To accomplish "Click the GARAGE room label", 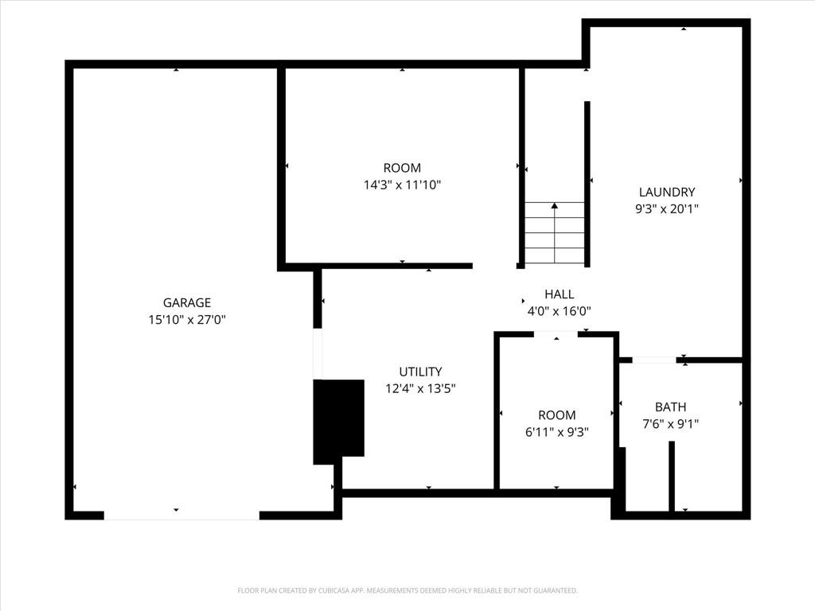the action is coord(187,302).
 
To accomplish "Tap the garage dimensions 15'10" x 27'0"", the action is coord(187,320).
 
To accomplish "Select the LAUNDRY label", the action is coord(667,193).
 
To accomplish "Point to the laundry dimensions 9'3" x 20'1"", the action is coord(667,209).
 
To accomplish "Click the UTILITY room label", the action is coord(420,372).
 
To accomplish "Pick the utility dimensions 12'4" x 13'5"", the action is coord(420,388).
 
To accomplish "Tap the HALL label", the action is coord(560,294).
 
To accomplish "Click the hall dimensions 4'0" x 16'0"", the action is coord(560,311).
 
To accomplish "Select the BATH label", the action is coord(670,407).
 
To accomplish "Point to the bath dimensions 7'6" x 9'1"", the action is coord(670,424).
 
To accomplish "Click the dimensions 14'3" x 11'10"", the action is coord(402,185).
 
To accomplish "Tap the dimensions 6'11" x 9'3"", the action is coord(556,432).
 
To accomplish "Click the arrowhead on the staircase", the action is coord(555,206).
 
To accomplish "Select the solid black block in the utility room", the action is coord(338,422).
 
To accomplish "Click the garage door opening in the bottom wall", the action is coord(181,516).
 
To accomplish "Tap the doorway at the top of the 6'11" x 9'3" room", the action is coord(556,334).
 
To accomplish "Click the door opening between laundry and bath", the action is coord(654,360).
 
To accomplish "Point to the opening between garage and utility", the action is coord(317,354).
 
